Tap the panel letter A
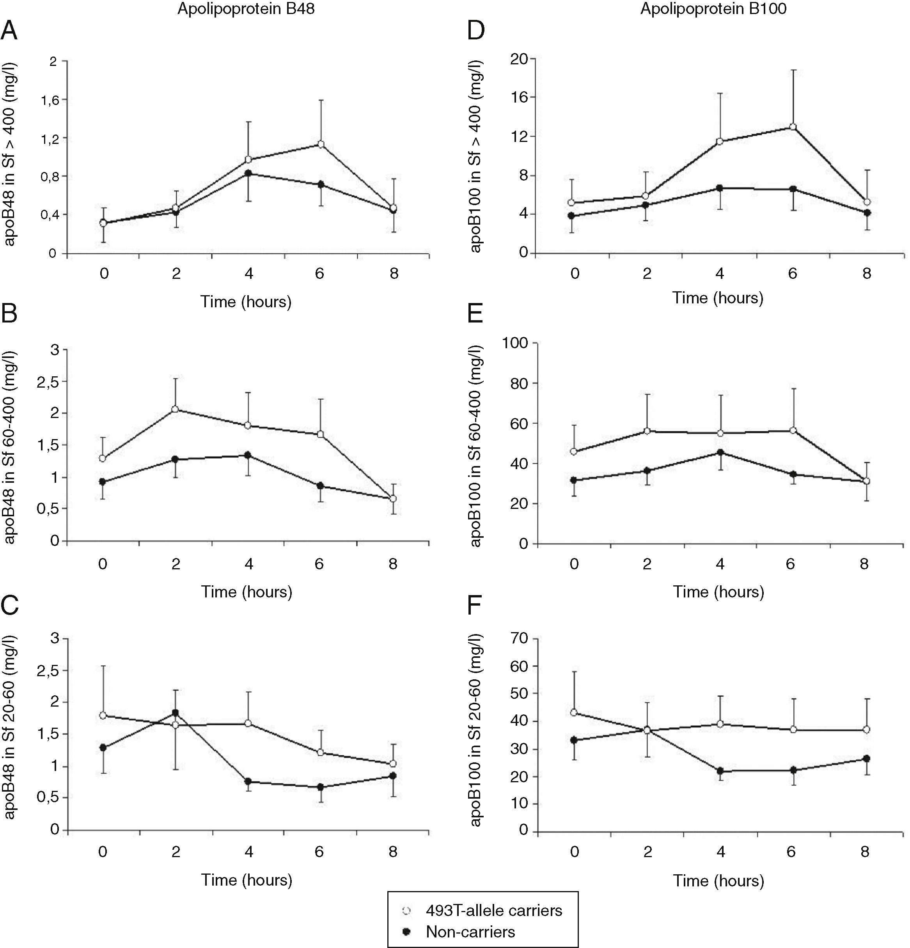point(9,32)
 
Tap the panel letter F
point(475,606)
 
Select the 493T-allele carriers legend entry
point(493,911)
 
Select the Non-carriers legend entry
point(470,932)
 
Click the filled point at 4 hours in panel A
point(248,173)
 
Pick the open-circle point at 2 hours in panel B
point(175,409)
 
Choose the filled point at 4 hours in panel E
point(720,452)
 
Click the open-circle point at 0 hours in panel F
point(574,712)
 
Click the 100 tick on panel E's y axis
point(517,342)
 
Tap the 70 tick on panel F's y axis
point(521,639)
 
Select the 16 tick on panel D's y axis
point(521,97)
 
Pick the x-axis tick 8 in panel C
point(393,851)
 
